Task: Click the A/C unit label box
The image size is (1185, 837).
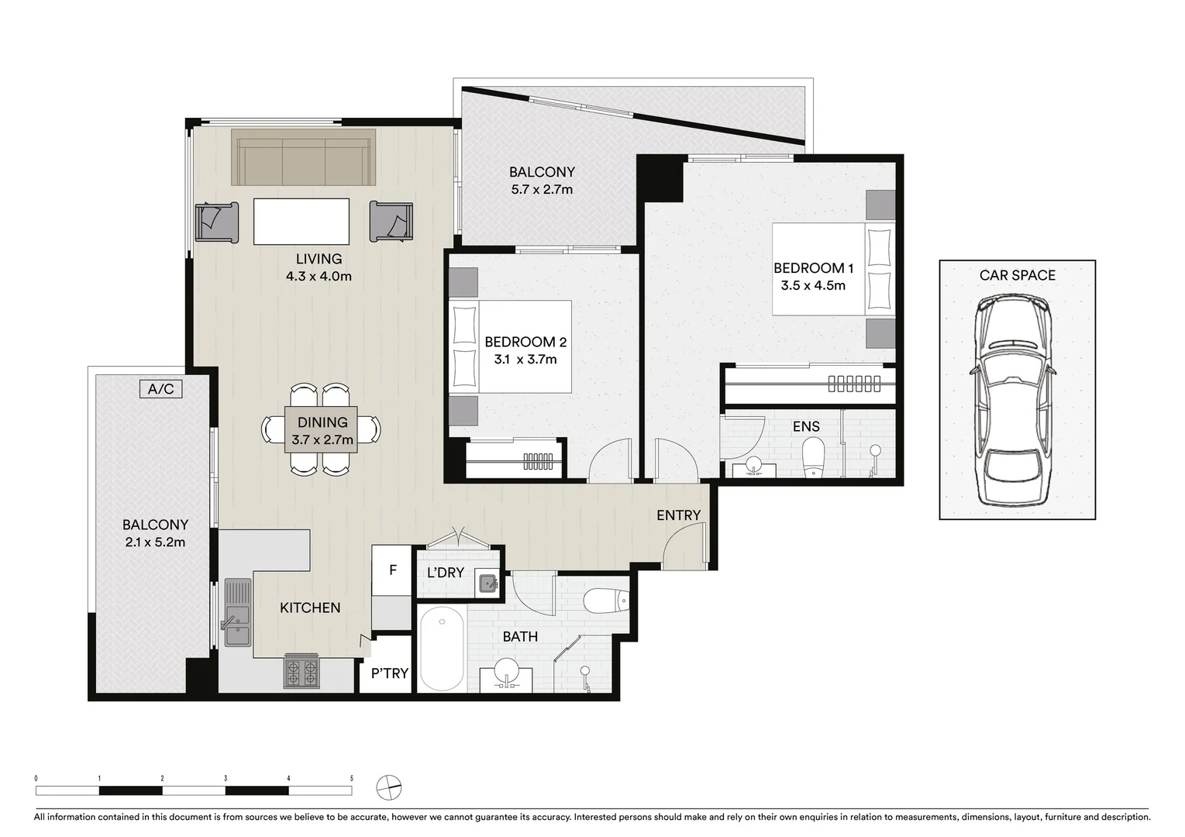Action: [161, 389]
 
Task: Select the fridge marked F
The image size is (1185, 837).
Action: [392, 570]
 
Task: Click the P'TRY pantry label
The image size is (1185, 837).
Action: [389, 673]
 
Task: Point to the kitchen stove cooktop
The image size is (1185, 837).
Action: [301, 672]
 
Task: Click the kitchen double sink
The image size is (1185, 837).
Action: [238, 612]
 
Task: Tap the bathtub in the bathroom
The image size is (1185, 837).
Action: [442, 649]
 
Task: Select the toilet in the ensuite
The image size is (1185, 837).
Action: [814, 457]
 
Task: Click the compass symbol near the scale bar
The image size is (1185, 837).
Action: [388, 787]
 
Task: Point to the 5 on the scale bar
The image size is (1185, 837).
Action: [352, 778]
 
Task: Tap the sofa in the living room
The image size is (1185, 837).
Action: [304, 157]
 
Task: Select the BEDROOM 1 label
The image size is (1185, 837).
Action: [813, 268]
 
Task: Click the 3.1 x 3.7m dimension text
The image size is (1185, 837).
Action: [525, 360]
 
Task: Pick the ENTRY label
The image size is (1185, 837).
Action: [678, 515]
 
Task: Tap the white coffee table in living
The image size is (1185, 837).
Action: [301, 222]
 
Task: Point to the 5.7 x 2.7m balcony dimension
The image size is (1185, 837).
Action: [542, 189]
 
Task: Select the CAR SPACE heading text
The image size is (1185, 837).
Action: [1017, 275]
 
